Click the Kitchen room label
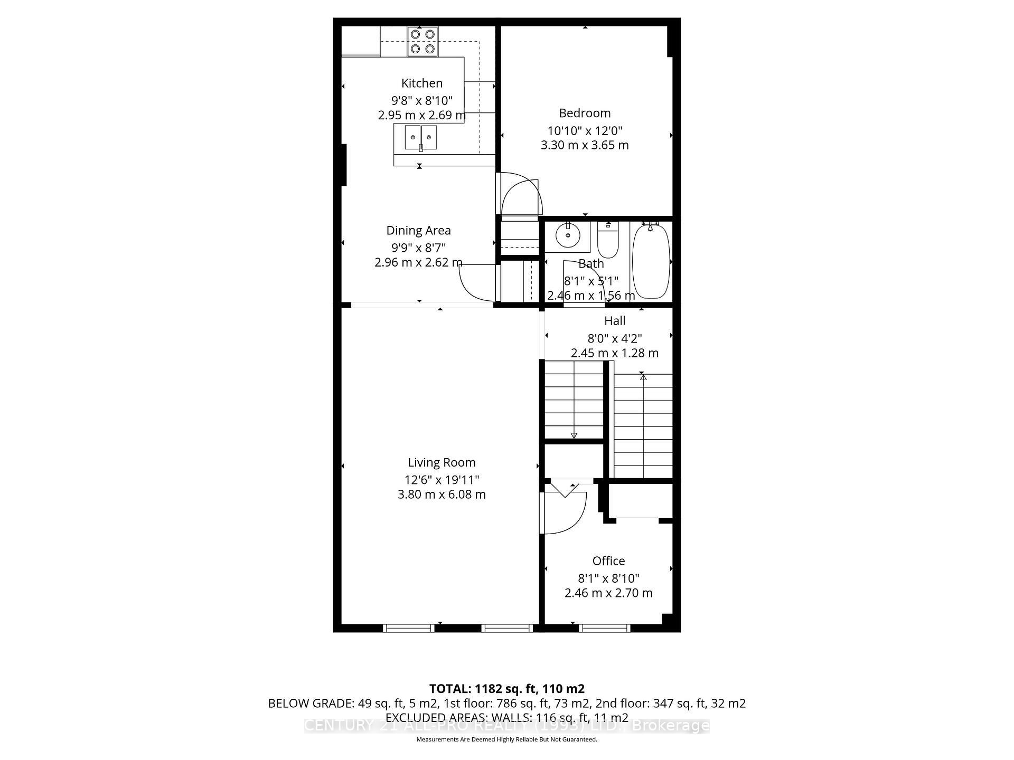421,83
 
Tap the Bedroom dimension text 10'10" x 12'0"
585,130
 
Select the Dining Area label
418,231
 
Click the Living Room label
442,463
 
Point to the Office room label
608,561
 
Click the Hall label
615,321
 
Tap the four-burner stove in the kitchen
422,42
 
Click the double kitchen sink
421,138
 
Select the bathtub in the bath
651,261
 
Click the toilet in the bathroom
608,241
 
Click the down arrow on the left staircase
574,435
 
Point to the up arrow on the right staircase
643,377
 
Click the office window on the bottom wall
604,628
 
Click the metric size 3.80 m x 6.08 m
442,495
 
